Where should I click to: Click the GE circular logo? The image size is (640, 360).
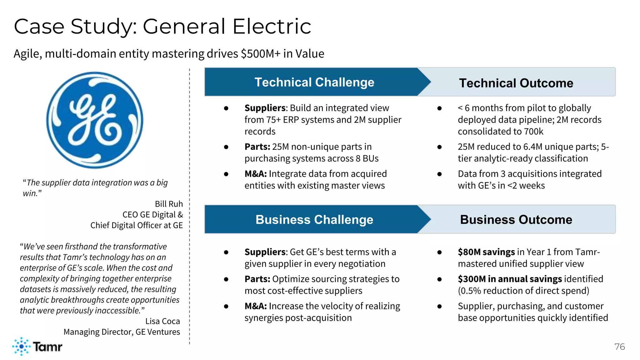95,120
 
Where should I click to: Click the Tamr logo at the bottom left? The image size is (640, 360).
37,346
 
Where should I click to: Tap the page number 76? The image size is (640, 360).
619,347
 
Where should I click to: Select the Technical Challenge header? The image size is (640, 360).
314,82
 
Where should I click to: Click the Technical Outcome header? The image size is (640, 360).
516,83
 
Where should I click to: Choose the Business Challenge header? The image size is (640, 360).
314,220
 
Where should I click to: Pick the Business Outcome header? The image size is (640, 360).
516,220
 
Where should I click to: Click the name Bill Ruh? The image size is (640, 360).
169,204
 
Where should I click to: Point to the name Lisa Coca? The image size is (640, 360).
162,321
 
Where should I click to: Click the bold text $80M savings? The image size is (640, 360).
486,252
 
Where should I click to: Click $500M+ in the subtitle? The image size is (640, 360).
261,54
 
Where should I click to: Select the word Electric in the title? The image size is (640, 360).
272,26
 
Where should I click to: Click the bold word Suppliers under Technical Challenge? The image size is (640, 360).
265,108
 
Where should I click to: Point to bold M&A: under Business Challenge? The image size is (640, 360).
256,306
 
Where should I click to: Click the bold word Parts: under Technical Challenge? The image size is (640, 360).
257,147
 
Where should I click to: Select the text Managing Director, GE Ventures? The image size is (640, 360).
122,332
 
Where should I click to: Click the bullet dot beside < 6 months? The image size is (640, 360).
439,108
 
